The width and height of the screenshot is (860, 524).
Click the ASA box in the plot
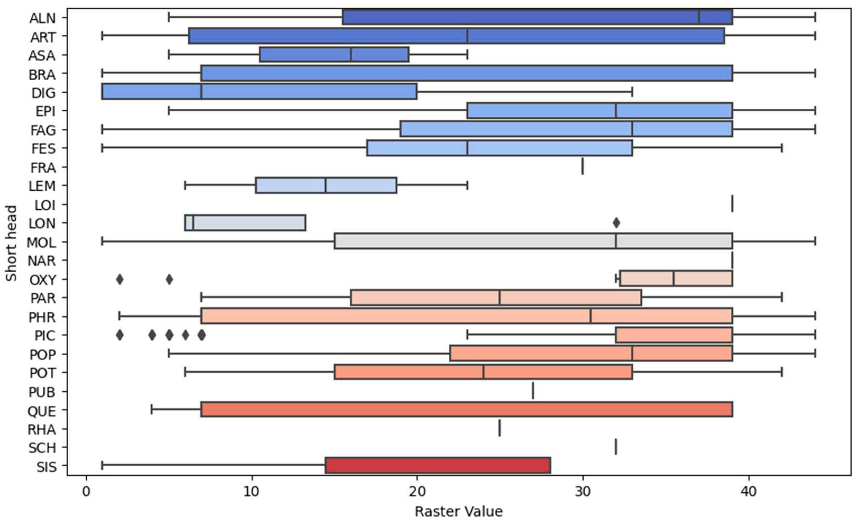point(334,54)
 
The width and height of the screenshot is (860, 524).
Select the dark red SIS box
point(438,465)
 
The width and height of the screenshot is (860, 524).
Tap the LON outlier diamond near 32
point(616,223)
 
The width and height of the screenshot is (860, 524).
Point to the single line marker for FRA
point(583,166)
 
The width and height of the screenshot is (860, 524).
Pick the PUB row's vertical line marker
point(533,390)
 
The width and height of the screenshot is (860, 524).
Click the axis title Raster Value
point(459,511)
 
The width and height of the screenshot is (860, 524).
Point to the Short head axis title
point(11,243)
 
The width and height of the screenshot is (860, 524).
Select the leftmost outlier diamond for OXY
point(120,279)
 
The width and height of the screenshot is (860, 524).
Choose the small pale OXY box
point(676,278)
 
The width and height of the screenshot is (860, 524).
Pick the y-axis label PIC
point(45,335)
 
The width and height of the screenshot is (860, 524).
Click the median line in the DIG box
point(201,91)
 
